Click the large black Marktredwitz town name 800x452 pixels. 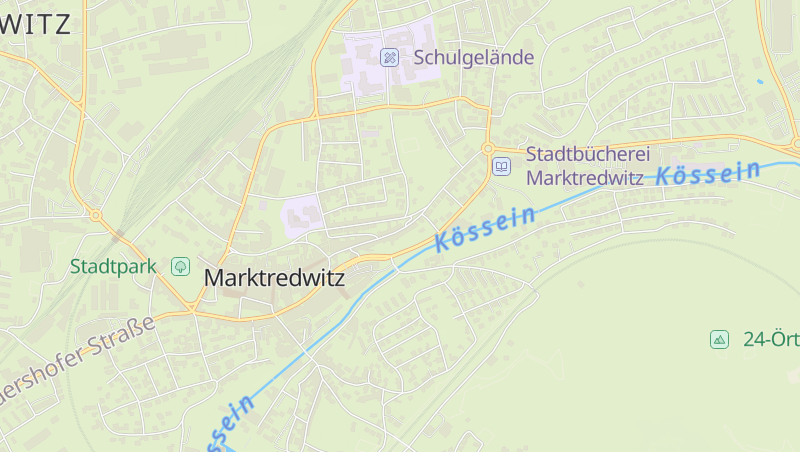tap(274, 278)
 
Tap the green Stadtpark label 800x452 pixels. tap(114, 267)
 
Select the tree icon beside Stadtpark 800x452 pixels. tap(180, 266)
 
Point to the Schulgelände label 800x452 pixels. tap(474, 57)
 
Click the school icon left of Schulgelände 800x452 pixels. tap(390, 57)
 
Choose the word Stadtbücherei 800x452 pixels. tap(588, 155)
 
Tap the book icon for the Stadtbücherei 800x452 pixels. tap(502, 166)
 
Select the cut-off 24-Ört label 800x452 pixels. tap(771, 339)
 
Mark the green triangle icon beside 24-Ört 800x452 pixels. tap(719, 339)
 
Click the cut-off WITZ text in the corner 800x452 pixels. tap(36, 24)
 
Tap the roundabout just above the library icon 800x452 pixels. tap(488, 149)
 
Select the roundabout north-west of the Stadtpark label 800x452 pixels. tap(96, 215)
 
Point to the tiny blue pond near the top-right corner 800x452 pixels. tap(760, 80)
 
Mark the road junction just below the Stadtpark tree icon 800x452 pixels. tap(190, 307)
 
